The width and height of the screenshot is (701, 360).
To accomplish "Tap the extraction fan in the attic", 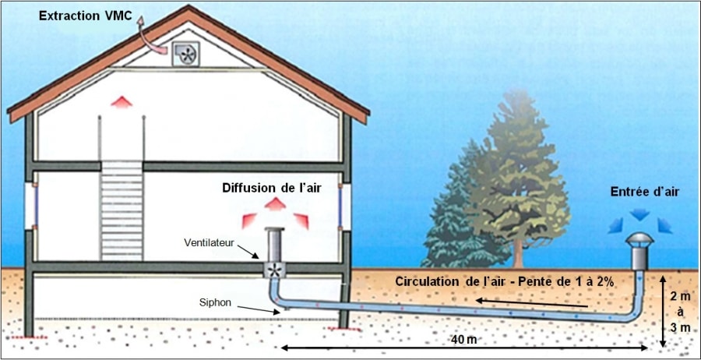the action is pos(185,54).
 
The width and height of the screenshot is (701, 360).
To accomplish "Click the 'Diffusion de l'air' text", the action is pos(273,188).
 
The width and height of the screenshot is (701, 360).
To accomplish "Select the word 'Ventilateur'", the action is pos(206,242).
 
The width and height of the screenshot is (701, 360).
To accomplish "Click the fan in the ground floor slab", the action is pos(274,270).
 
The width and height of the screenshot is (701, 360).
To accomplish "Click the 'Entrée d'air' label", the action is pos(645,192).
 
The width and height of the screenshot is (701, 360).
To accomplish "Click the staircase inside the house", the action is pos(122,210).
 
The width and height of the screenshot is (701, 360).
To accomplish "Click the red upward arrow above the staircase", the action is pos(122,102).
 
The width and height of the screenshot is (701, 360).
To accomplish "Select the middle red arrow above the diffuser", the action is pos(275,204).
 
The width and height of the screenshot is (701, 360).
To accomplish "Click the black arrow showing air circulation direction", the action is pos(531,304).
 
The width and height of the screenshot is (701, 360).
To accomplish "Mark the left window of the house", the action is pos(30,206).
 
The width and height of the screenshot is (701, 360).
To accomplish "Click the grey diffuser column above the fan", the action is pos(274,245).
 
